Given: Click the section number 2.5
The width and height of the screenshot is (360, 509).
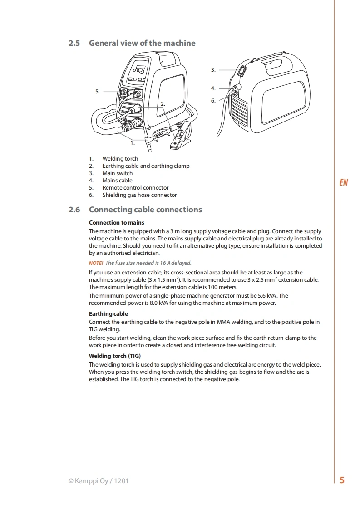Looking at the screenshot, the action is tap(74, 43).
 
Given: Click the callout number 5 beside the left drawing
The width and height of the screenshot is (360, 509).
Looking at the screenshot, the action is tap(98, 92).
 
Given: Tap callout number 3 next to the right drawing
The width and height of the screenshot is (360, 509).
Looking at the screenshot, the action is tap(213, 70).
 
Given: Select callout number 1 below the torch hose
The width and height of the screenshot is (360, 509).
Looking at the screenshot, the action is tap(133, 143).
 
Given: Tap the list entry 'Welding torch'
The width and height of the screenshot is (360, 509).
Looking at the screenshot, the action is tap(120, 159).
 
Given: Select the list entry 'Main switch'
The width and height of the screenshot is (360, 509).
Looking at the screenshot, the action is tap(118, 173).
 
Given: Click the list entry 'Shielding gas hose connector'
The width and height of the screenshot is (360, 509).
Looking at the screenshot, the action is tap(140, 195).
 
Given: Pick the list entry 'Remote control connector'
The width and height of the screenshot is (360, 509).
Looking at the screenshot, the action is tap(135, 188).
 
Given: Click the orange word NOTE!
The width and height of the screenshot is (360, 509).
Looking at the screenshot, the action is tap(96, 263).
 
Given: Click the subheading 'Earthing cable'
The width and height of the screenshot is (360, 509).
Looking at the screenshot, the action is tap(108, 314).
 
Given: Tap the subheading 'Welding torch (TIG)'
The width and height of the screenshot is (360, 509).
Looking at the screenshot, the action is tap(115, 356).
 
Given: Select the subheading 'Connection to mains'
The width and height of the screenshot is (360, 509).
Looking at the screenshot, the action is tap(117, 223).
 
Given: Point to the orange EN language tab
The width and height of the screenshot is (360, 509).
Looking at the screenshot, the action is tap(343, 182).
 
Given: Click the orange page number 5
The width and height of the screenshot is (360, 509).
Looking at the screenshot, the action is tap(342, 480).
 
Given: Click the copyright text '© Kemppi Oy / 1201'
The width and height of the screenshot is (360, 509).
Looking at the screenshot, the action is tap(99, 481).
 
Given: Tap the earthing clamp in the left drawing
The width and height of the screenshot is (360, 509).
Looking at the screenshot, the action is tap(179, 137).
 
